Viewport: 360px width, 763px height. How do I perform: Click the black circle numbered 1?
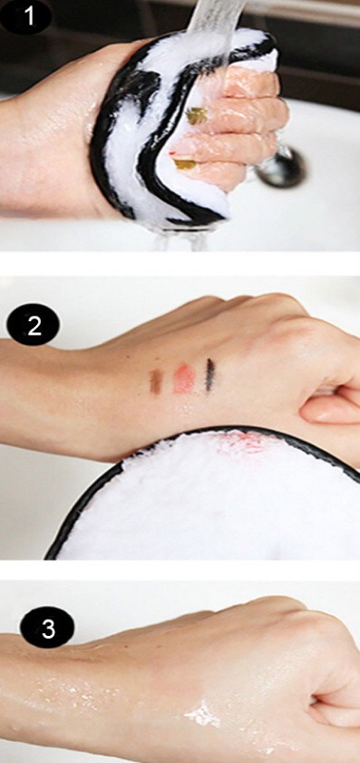27,17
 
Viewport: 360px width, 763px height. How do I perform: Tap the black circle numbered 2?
34,325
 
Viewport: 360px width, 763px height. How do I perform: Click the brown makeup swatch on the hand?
156,381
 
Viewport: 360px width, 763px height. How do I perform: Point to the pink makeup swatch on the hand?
184,377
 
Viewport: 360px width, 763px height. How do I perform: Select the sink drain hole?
282,168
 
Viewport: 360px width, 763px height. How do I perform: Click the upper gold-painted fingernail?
196,116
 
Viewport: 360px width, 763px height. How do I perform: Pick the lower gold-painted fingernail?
185,164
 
